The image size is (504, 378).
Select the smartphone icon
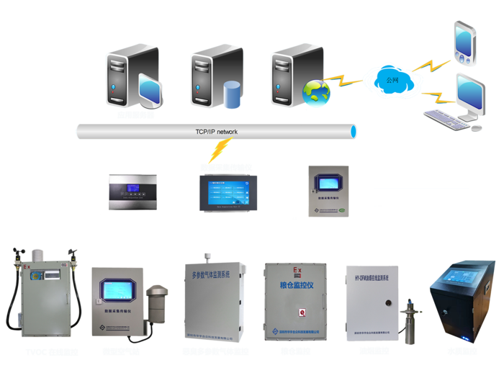tap(464, 42)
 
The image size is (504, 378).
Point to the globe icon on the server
tap(316, 92)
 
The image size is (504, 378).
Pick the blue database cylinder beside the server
tap(230, 94)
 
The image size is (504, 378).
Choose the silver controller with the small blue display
tap(132, 192)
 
